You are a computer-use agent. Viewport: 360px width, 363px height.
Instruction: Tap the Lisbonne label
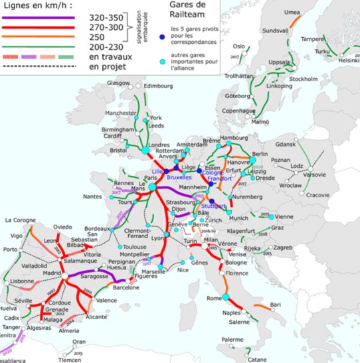tap(22, 281)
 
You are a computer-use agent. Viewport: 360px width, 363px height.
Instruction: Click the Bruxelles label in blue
tap(179, 178)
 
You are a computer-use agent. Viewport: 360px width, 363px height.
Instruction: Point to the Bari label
tap(275, 304)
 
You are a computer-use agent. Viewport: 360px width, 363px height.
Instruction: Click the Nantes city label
tap(93, 196)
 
